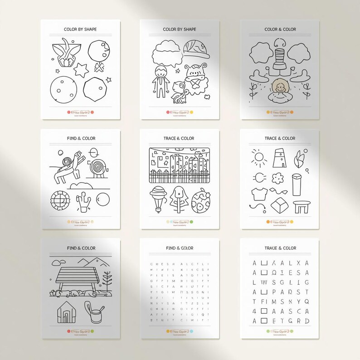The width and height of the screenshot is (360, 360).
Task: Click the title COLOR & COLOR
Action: coord(280,29)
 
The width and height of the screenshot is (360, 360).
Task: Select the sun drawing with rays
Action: coord(259,157)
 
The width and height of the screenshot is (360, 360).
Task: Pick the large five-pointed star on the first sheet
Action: coord(82,70)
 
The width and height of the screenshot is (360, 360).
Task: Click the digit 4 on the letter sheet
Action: coord(254,311)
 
